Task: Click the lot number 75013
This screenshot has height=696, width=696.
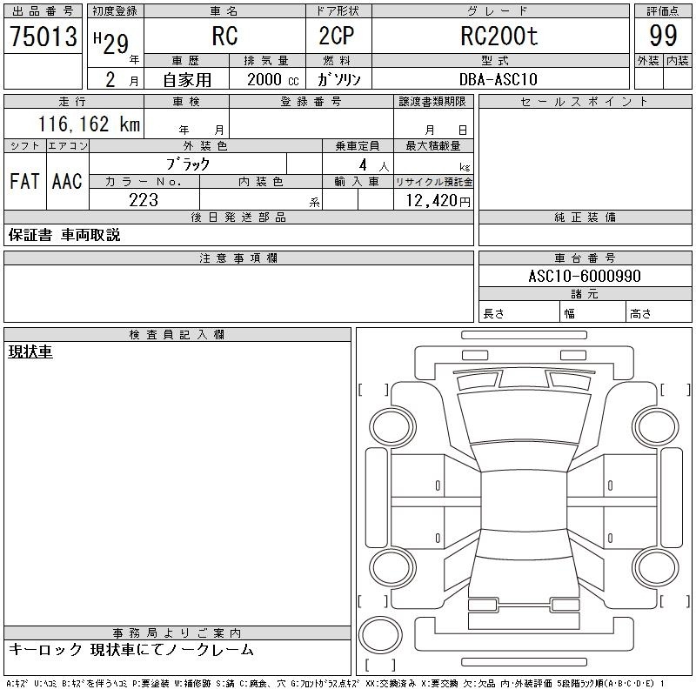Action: (43, 37)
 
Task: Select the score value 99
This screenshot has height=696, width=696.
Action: (663, 36)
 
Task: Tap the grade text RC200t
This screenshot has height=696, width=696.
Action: (499, 36)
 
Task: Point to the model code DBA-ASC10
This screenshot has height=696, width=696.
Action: (498, 79)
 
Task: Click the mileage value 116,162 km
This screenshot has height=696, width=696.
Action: (90, 124)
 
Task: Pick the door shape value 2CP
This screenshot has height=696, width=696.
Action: (337, 36)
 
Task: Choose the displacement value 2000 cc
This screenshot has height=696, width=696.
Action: (272, 79)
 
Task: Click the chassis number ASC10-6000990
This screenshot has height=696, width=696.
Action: (585, 276)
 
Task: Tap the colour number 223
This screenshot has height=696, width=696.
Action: (144, 200)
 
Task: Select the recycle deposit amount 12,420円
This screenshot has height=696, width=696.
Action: (438, 201)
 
